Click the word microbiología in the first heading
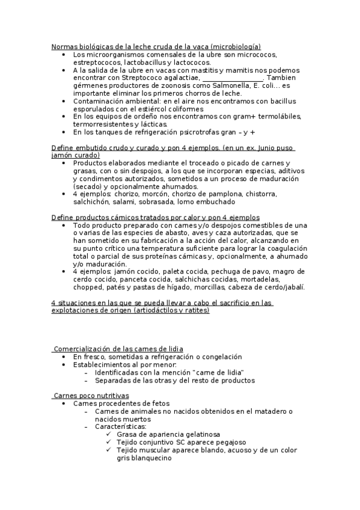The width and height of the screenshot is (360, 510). point(237,46)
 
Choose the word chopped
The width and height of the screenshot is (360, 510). point(87,287)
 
